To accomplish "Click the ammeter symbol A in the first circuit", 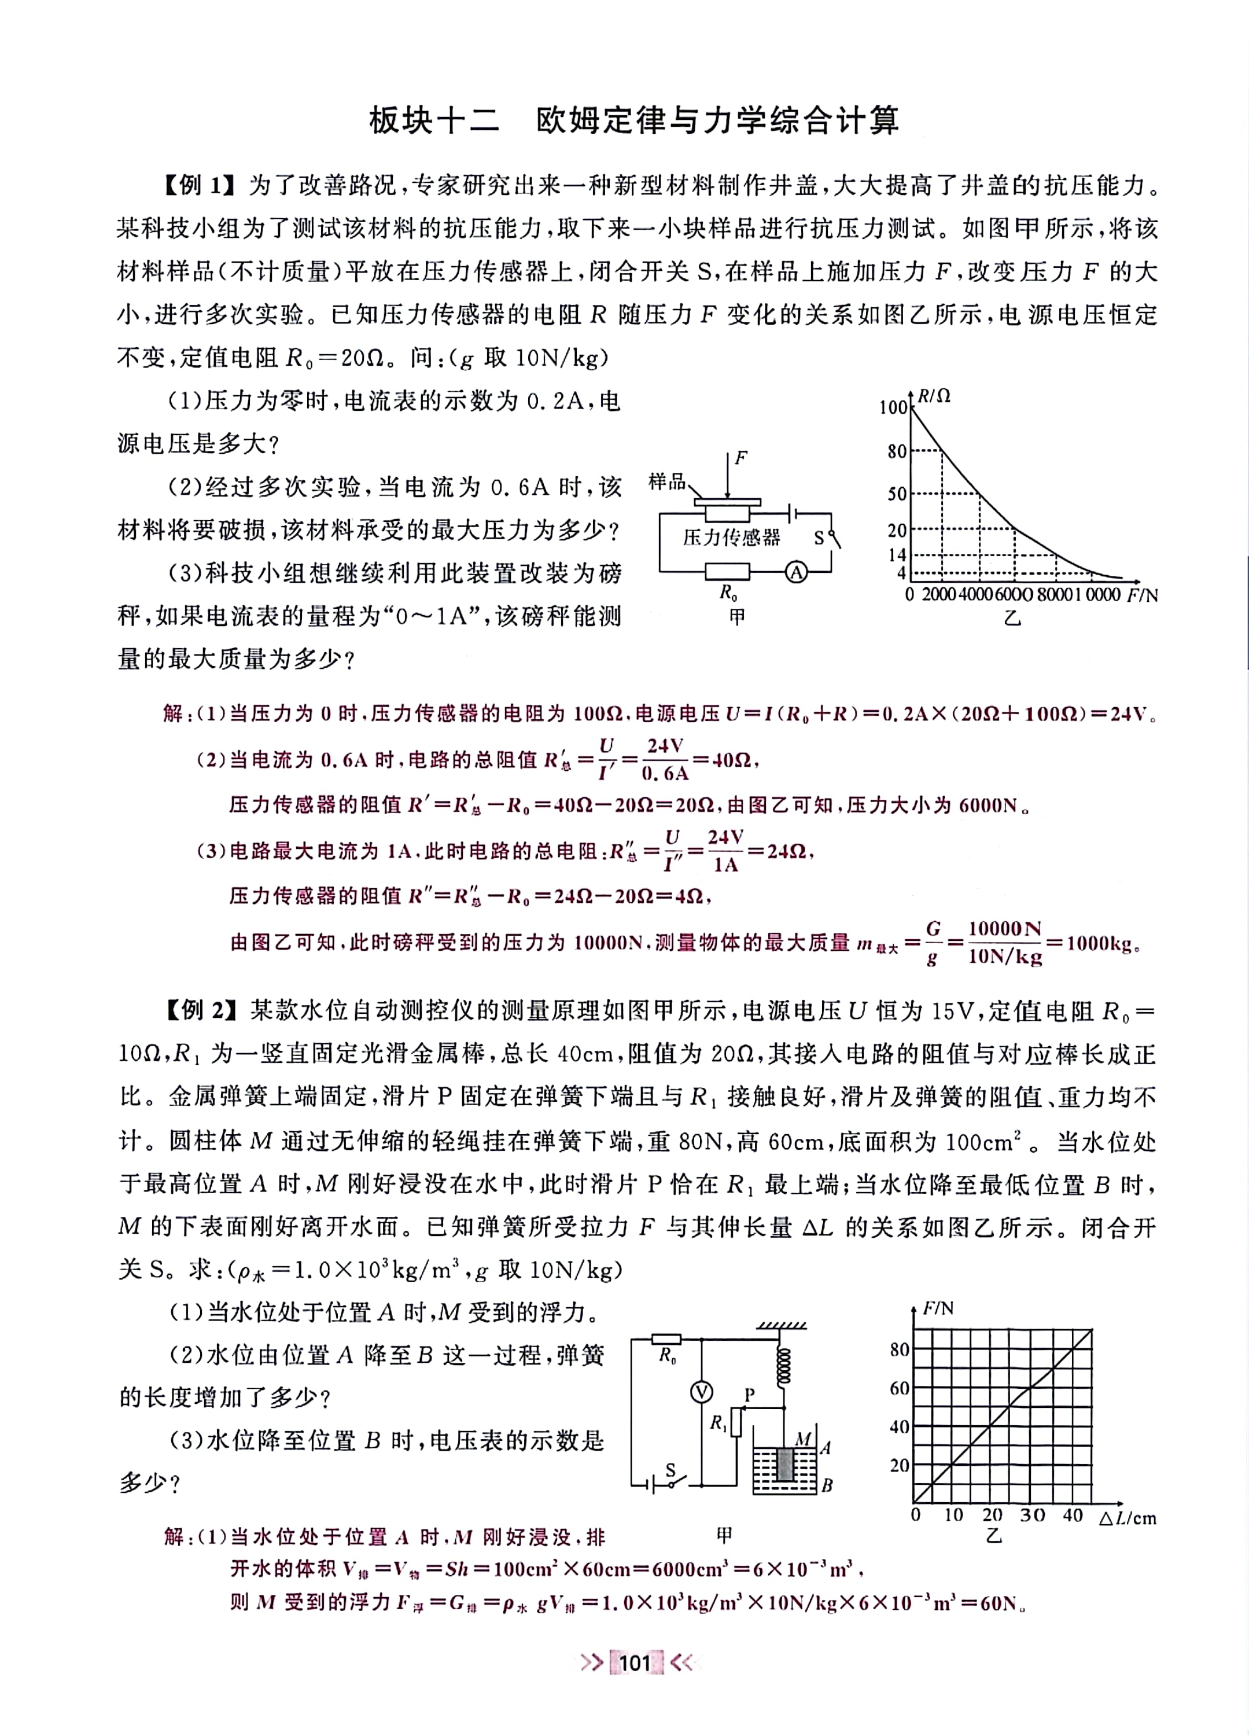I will [797, 572].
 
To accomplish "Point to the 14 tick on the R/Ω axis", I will [896, 554].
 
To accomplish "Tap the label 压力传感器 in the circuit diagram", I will [732, 538].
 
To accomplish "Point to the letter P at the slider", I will [750, 1394].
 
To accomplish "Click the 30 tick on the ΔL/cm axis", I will [1033, 1515].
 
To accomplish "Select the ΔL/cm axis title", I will [1128, 1517].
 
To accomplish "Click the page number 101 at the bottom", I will [635, 1663].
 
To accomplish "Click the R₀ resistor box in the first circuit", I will [727, 572].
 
